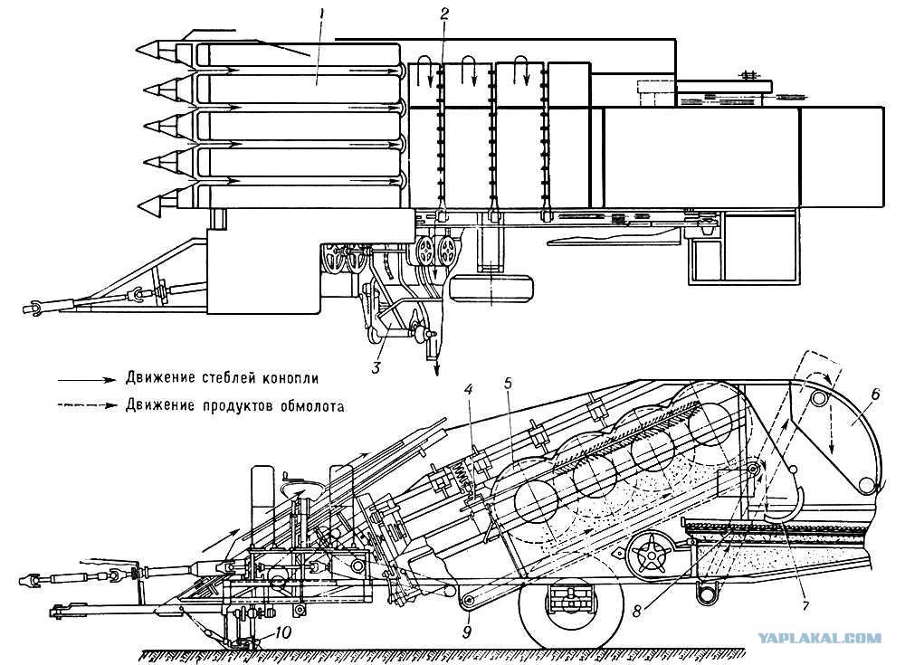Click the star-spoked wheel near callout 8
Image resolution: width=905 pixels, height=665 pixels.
pyautogui.click(x=652, y=553)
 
